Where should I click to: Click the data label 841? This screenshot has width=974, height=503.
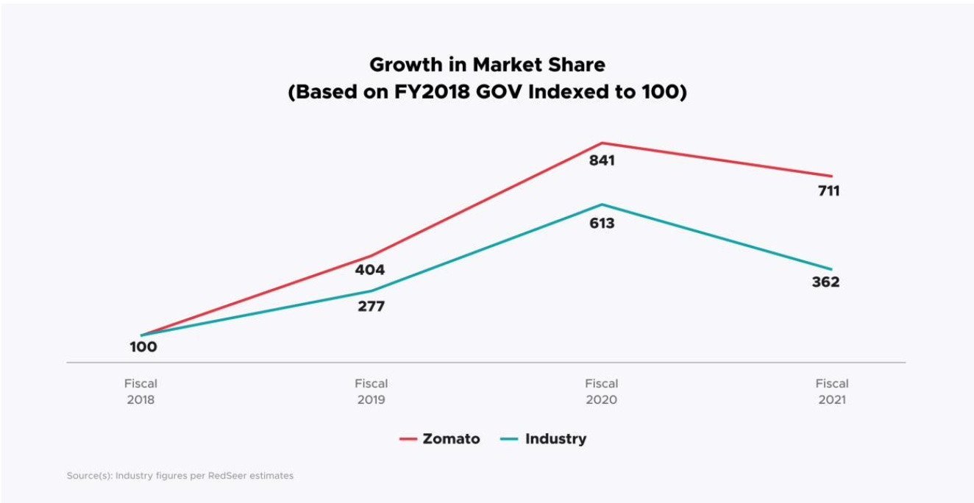601,160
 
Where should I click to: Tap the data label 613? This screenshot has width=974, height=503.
601,223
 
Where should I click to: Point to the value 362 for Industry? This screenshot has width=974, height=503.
825,282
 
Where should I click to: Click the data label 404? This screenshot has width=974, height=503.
370,270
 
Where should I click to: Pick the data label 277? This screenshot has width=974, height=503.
371,307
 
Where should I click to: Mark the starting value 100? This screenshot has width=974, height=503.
143,347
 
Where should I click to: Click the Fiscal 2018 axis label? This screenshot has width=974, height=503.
141,392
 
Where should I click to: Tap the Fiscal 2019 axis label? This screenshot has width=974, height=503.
371,392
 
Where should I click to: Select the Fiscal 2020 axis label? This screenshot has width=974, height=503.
601,392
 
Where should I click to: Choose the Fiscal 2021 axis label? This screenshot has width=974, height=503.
831,392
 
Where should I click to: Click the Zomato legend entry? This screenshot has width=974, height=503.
440,439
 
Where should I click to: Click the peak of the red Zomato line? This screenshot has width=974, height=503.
602,143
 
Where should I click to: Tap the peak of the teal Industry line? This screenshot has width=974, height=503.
602,204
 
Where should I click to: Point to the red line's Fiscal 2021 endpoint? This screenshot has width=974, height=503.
831,176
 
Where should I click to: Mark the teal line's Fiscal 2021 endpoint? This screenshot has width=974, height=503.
831,269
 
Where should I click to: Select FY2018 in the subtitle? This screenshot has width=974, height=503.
438,94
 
